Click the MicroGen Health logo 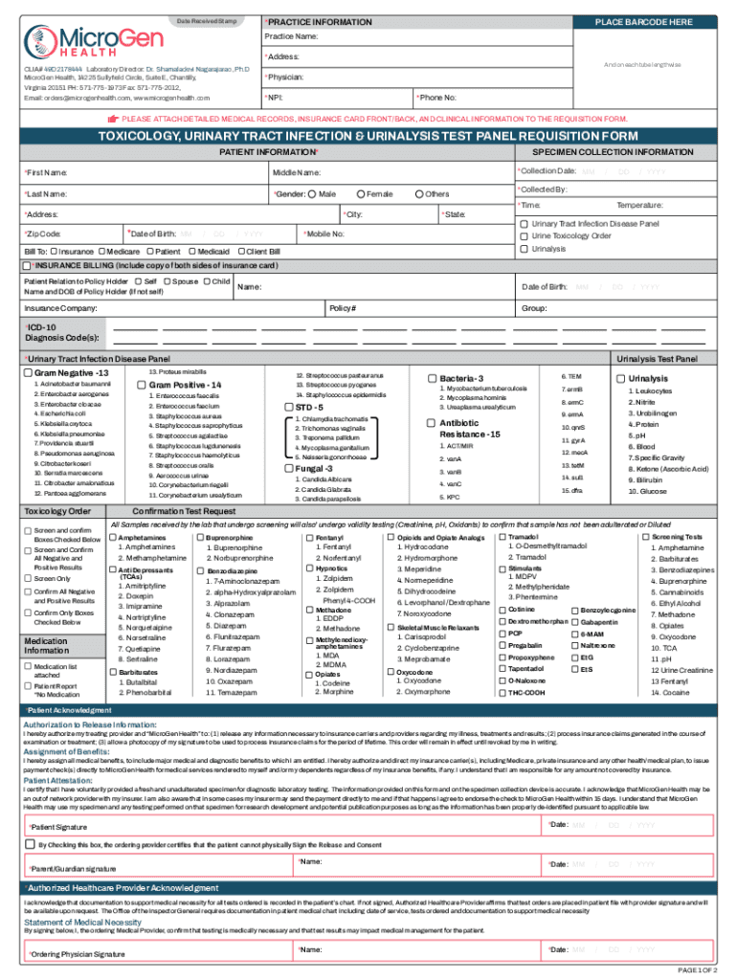click(83, 41)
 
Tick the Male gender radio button click(312, 194)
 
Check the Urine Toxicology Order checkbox click(524, 235)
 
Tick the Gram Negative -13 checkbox click(28, 372)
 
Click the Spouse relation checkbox click(168, 282)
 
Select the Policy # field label click(342, 309)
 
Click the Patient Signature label click(64, 826)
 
